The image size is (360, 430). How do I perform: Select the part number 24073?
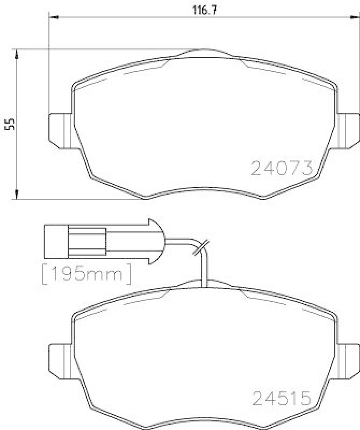[x=282, y=168]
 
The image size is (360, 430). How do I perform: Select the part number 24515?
[x=282, y=398]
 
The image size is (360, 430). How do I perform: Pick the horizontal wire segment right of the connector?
[x=177, y=240]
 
